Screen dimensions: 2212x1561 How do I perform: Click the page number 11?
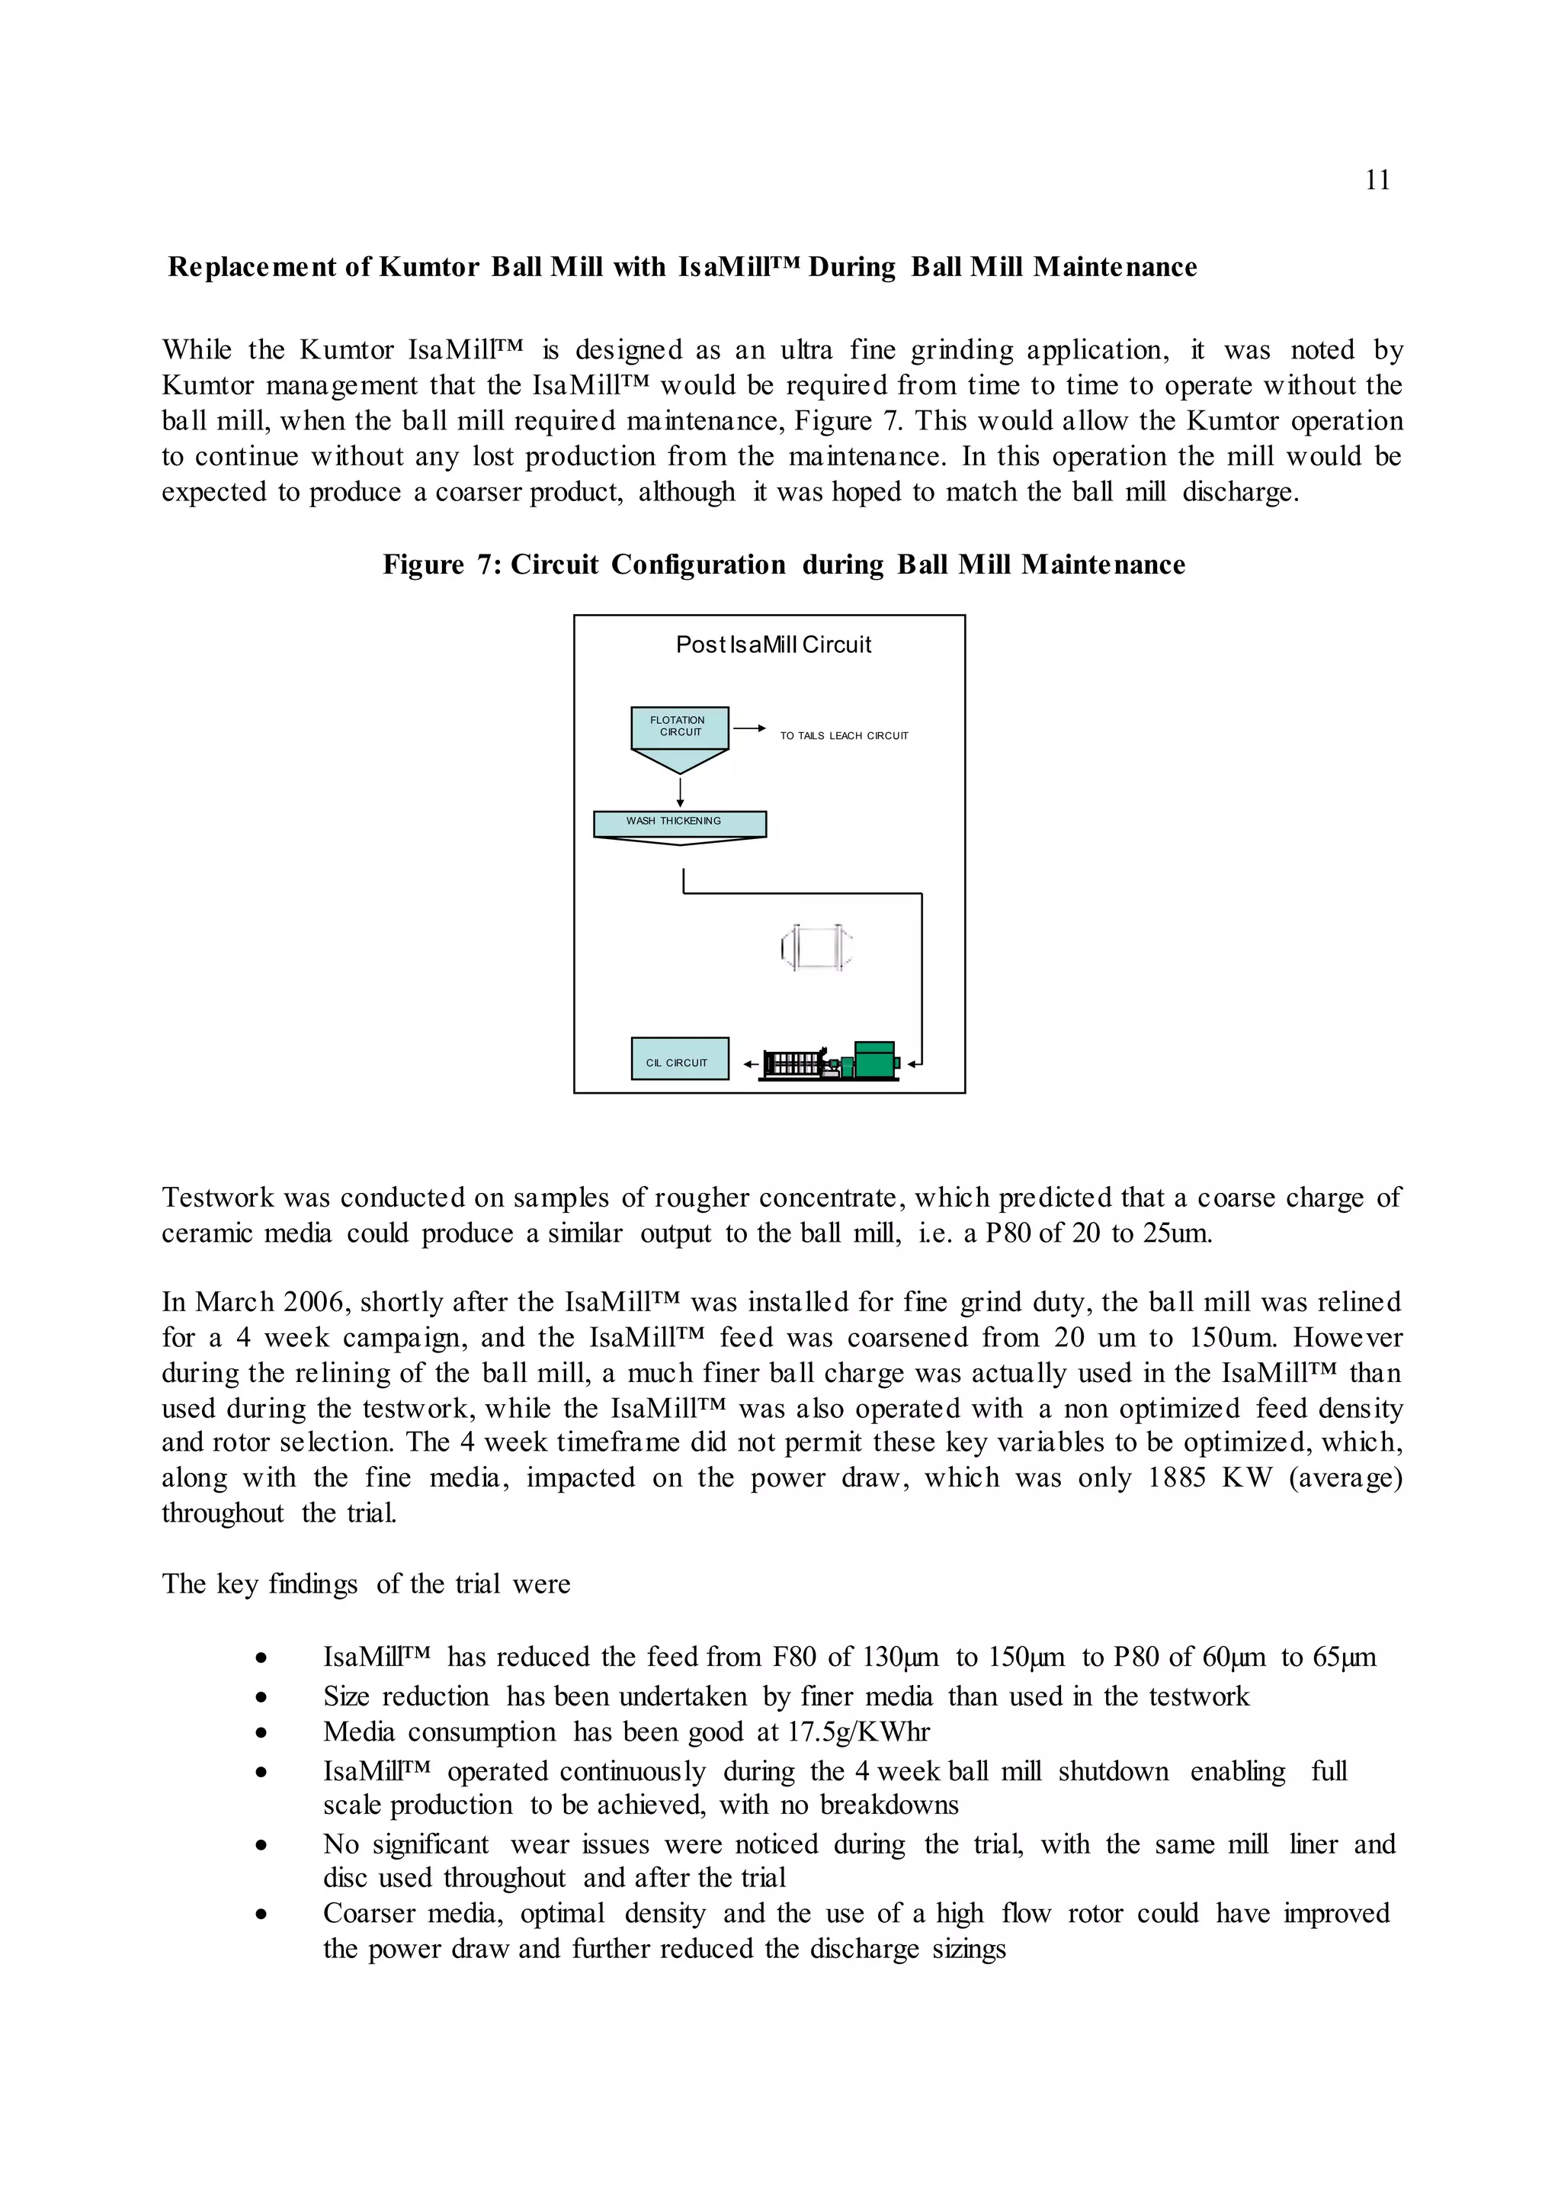[x=1377, y=180]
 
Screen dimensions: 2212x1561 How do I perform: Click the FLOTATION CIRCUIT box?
[x=680, y=728]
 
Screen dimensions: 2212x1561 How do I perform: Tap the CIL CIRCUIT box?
[x=680, y=1059]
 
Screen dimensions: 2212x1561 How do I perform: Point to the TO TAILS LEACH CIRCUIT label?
[x=844, y=736]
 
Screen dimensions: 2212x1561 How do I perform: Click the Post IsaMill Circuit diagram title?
[x=774, y=645]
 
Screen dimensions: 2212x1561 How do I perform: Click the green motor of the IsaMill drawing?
[x=874, y=1059]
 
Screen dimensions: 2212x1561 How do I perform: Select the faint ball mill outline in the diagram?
[x=816, y=948]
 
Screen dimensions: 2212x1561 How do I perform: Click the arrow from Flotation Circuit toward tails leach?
[x=749, y=728]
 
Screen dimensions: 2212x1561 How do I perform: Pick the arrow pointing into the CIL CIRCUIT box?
[x=750, y=1065]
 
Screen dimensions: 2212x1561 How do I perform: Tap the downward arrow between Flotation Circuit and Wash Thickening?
[x=680, y=792]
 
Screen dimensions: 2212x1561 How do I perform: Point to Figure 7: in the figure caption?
[x=442, y=564]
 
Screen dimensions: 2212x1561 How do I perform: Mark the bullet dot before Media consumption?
[x=261, y=1733]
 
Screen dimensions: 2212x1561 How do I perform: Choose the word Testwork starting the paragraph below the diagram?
[x=219, y=1198]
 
